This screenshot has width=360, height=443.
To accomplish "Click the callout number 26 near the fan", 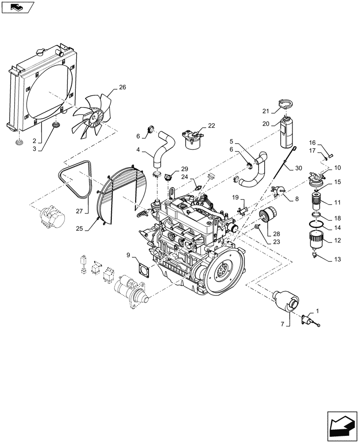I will tap(122, 87).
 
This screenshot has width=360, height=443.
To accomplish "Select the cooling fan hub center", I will tap(94, 118).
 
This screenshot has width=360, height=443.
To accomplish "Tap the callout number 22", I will tap(211, 126).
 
